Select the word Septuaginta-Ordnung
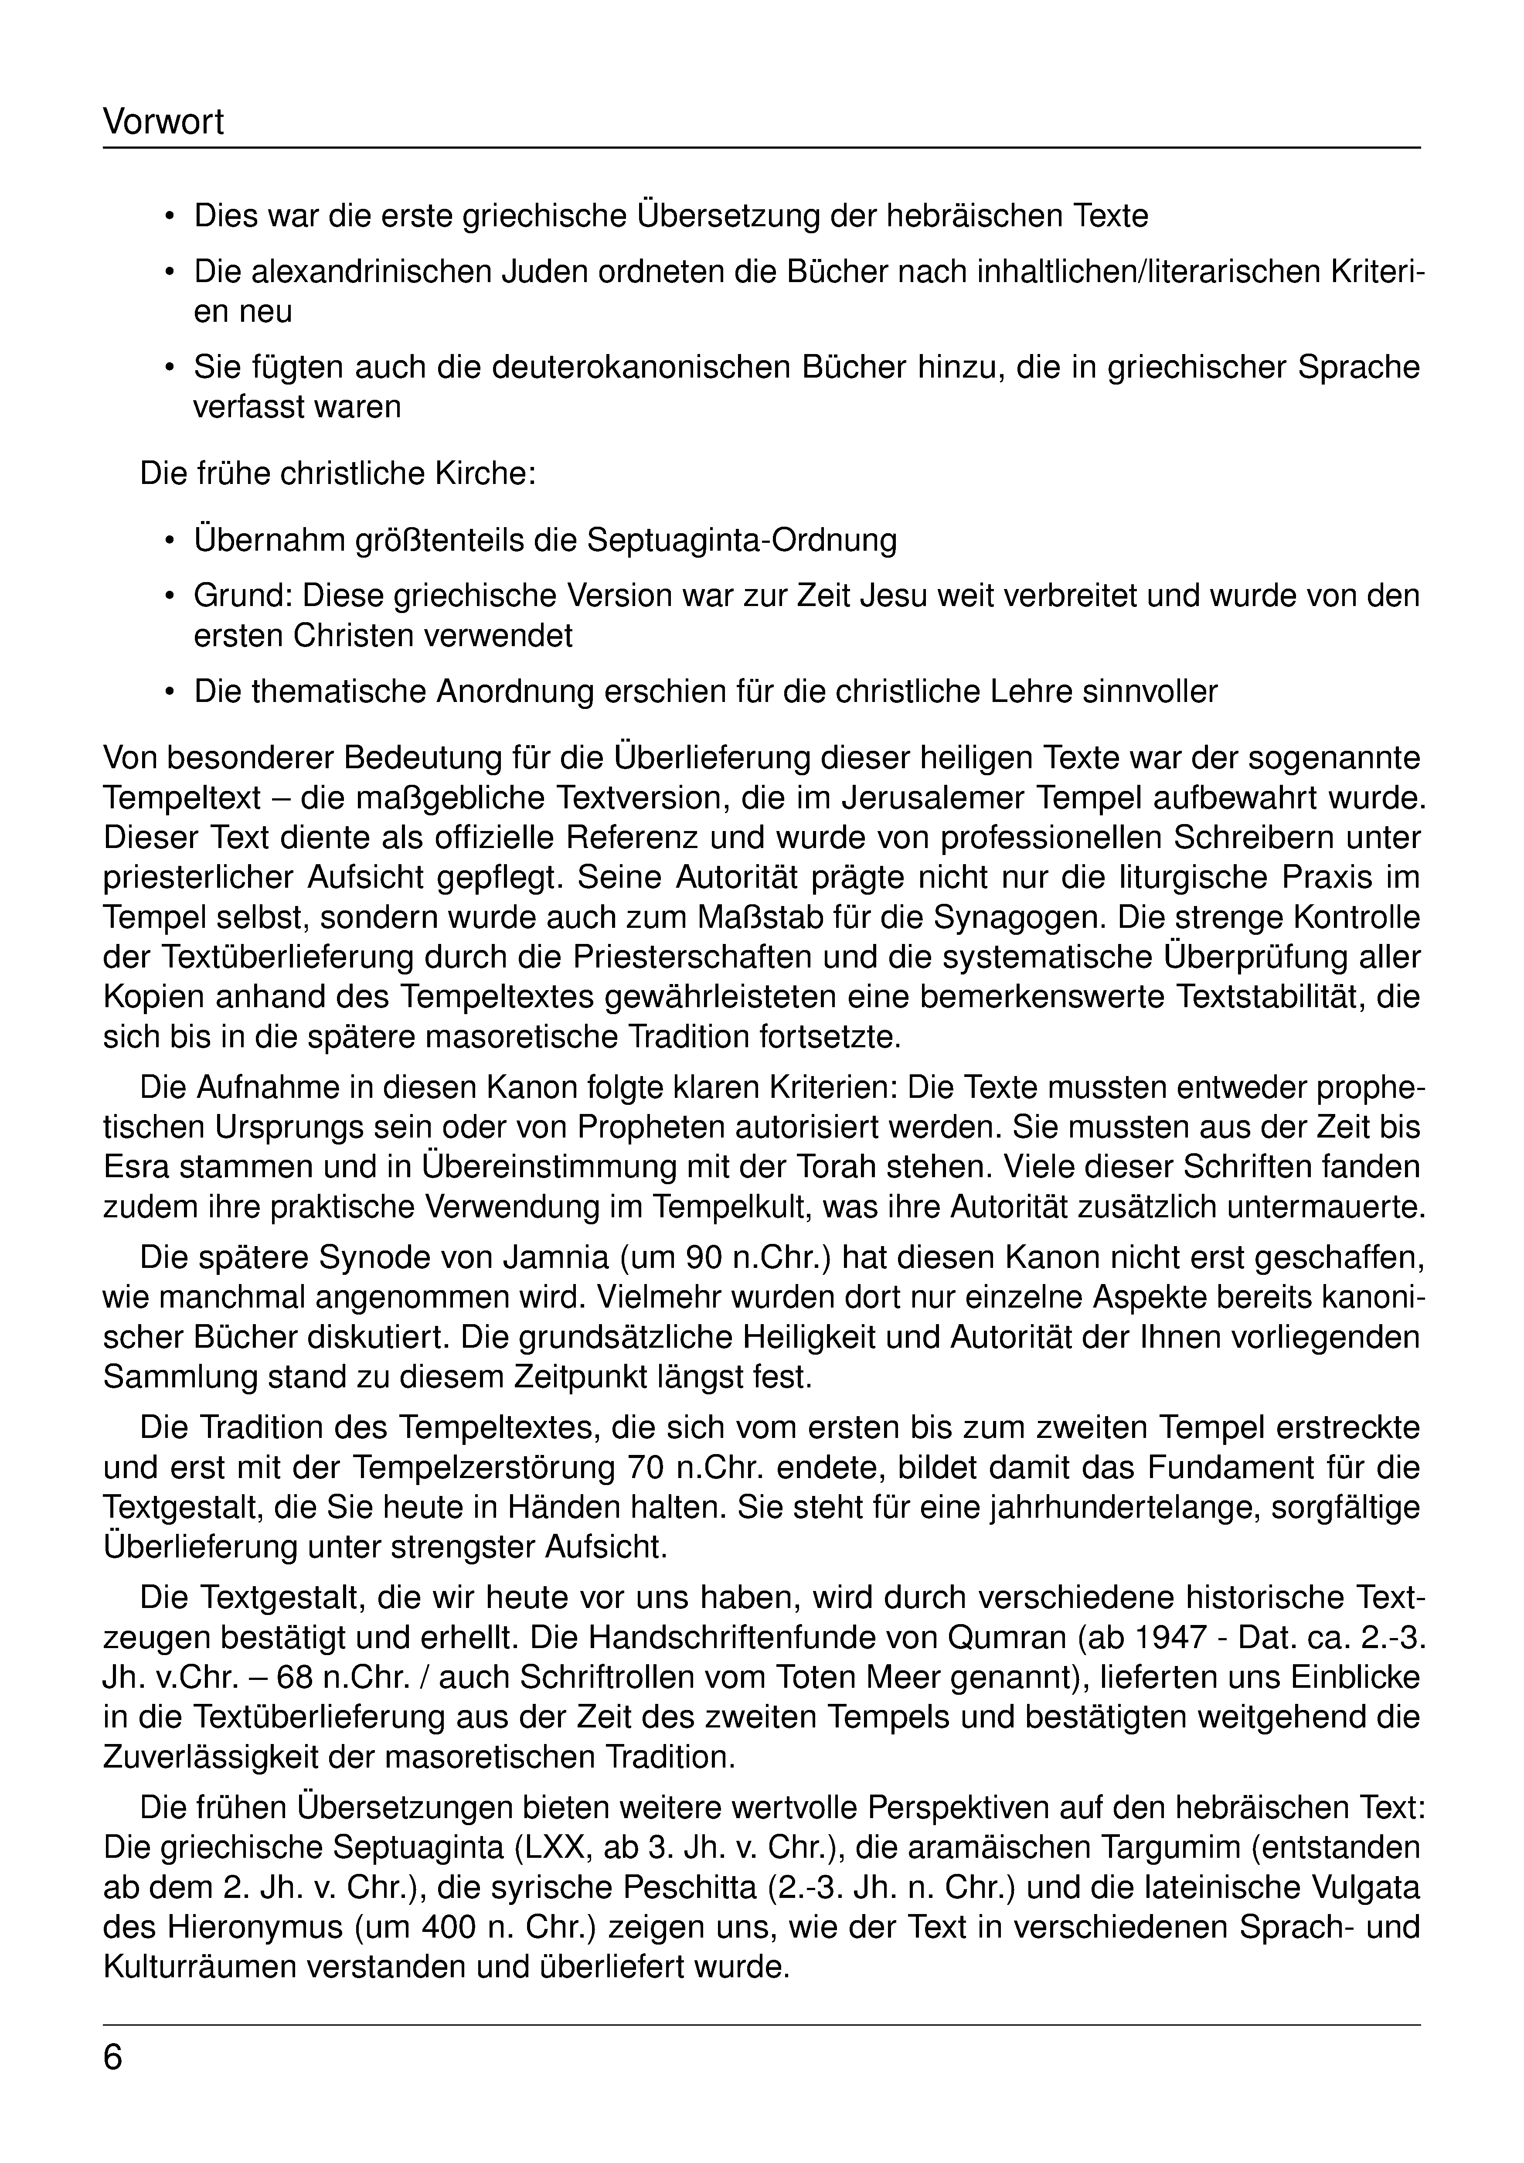tap(741, 541)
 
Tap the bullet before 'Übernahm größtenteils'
tap(170, 542)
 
